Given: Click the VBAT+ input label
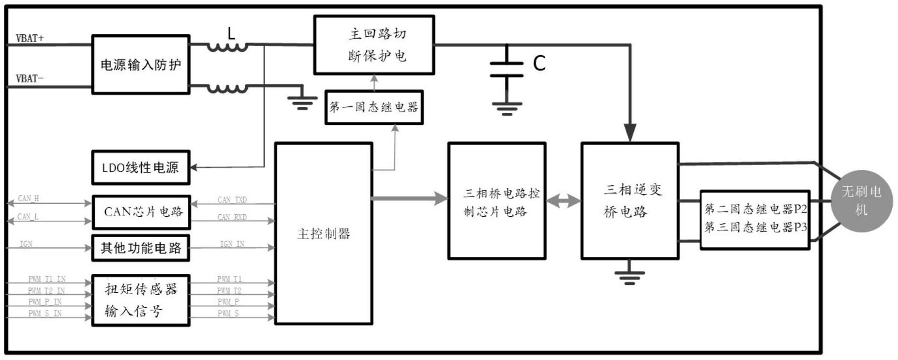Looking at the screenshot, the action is [30, 38].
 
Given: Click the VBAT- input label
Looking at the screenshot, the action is [30, 78].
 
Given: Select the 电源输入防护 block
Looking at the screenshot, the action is [140, 64].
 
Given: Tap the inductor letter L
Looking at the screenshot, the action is [231, 33].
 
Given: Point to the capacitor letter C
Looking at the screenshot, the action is [539, 63].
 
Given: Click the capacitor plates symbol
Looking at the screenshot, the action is [507, 69].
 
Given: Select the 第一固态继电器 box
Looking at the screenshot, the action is [374, 107].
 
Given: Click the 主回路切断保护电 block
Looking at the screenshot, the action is [374, 45].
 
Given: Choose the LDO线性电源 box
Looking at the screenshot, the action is [140, 167].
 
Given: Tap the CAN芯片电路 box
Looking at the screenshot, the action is [141, 212].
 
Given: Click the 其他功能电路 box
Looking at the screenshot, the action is [140, 248].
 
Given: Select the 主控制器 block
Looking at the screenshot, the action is [323, 234].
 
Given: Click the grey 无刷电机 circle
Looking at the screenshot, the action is [861, 201].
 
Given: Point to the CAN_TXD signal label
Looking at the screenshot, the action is [232, 199].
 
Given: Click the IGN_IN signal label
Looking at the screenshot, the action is [232, 244].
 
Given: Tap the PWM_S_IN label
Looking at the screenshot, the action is [45, 314].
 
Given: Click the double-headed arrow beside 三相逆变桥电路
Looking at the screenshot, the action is [564, 200].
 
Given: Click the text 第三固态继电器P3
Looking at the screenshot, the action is [755, 227].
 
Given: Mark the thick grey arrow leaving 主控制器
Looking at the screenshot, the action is [409, 198].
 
